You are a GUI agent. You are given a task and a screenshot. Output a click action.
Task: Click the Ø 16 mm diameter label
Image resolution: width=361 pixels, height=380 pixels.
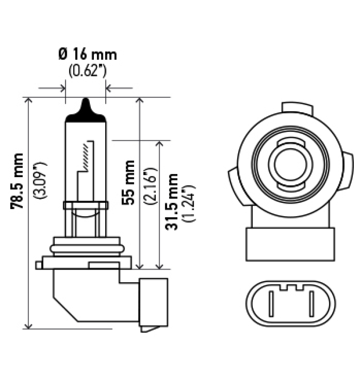(x=87, y=55)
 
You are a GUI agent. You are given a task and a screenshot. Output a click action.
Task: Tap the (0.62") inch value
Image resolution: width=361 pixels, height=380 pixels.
(x=87, y=71)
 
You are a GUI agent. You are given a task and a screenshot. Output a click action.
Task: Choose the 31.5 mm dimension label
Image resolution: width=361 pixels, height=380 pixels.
(x=171, y=201)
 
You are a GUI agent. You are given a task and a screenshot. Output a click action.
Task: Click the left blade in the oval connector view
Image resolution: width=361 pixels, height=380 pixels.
(x=271, y=305)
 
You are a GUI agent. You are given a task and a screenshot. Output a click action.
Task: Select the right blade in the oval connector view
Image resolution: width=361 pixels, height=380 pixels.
(x=311, y=305)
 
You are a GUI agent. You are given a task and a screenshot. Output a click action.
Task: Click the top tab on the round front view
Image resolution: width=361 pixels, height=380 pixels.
(x=296, y=108)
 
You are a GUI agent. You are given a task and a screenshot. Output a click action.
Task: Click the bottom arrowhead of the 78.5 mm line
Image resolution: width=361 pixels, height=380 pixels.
(x=29, y=325)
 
